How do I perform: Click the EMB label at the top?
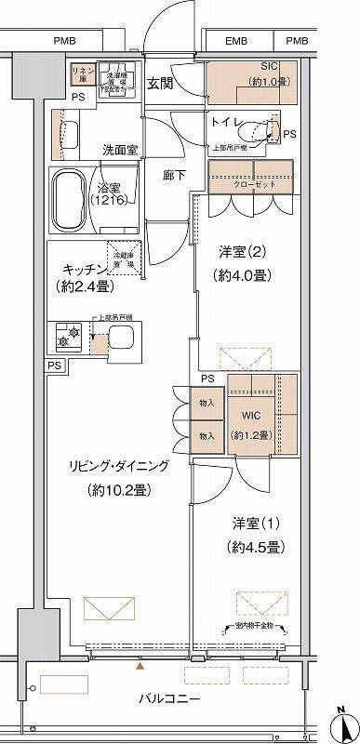tap(237, 41)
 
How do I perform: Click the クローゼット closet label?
tap(254, 182)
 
